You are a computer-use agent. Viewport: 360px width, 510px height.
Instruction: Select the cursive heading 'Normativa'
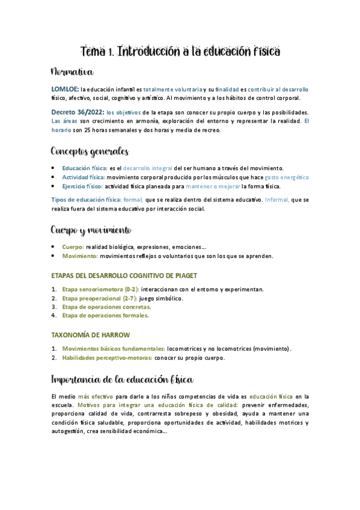tap(72, 73)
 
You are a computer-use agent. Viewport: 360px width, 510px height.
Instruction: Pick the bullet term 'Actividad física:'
tap(84, 177)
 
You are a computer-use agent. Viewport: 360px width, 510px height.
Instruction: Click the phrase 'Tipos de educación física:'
tap(86, 200)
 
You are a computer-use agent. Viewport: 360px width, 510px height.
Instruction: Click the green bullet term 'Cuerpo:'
tap(73, 247)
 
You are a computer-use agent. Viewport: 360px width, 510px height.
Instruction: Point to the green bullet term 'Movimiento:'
tap(80, 256)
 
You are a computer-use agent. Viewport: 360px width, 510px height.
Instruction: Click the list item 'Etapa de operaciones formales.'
tap(105, 315)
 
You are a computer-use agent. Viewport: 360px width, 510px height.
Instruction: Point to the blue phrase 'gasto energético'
tap(287, 177)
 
